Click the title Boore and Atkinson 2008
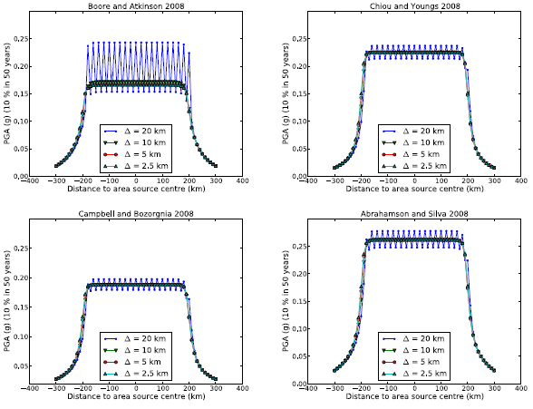[137, 6]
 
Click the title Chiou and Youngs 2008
[415, 6]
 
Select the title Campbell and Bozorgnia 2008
[137, 214]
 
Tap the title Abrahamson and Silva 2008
[415, 214]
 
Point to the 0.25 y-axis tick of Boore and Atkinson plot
[19, 38]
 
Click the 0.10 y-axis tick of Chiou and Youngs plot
[297, 121]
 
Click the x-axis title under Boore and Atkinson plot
[137, 189]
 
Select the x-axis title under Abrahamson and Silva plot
[415, 396]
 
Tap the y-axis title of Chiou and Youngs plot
[285, 93]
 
